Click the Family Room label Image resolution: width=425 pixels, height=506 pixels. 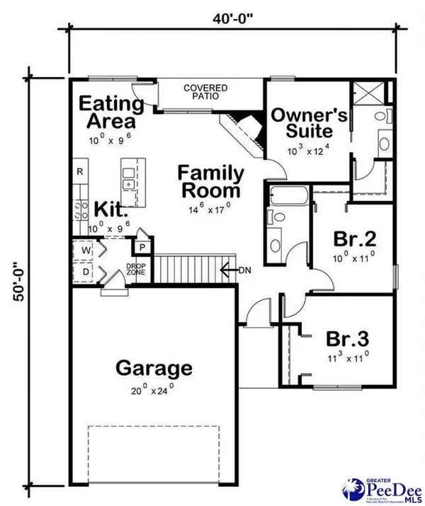pos(211,182)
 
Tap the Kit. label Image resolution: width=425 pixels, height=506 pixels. pos(112,210)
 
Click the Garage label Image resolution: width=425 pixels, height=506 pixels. pos(154,368)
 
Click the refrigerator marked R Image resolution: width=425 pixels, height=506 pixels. pos(80,172)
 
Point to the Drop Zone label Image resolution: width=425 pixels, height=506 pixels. pos(136,270)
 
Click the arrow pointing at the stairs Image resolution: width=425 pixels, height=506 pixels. pos(229,270)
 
